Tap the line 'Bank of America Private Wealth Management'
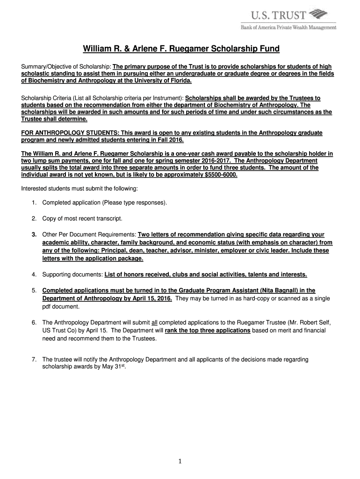[288, 28]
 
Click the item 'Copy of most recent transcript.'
[82, 218]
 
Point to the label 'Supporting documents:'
[72, 274]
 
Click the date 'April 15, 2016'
[151, 298]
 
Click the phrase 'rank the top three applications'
[208, 330]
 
